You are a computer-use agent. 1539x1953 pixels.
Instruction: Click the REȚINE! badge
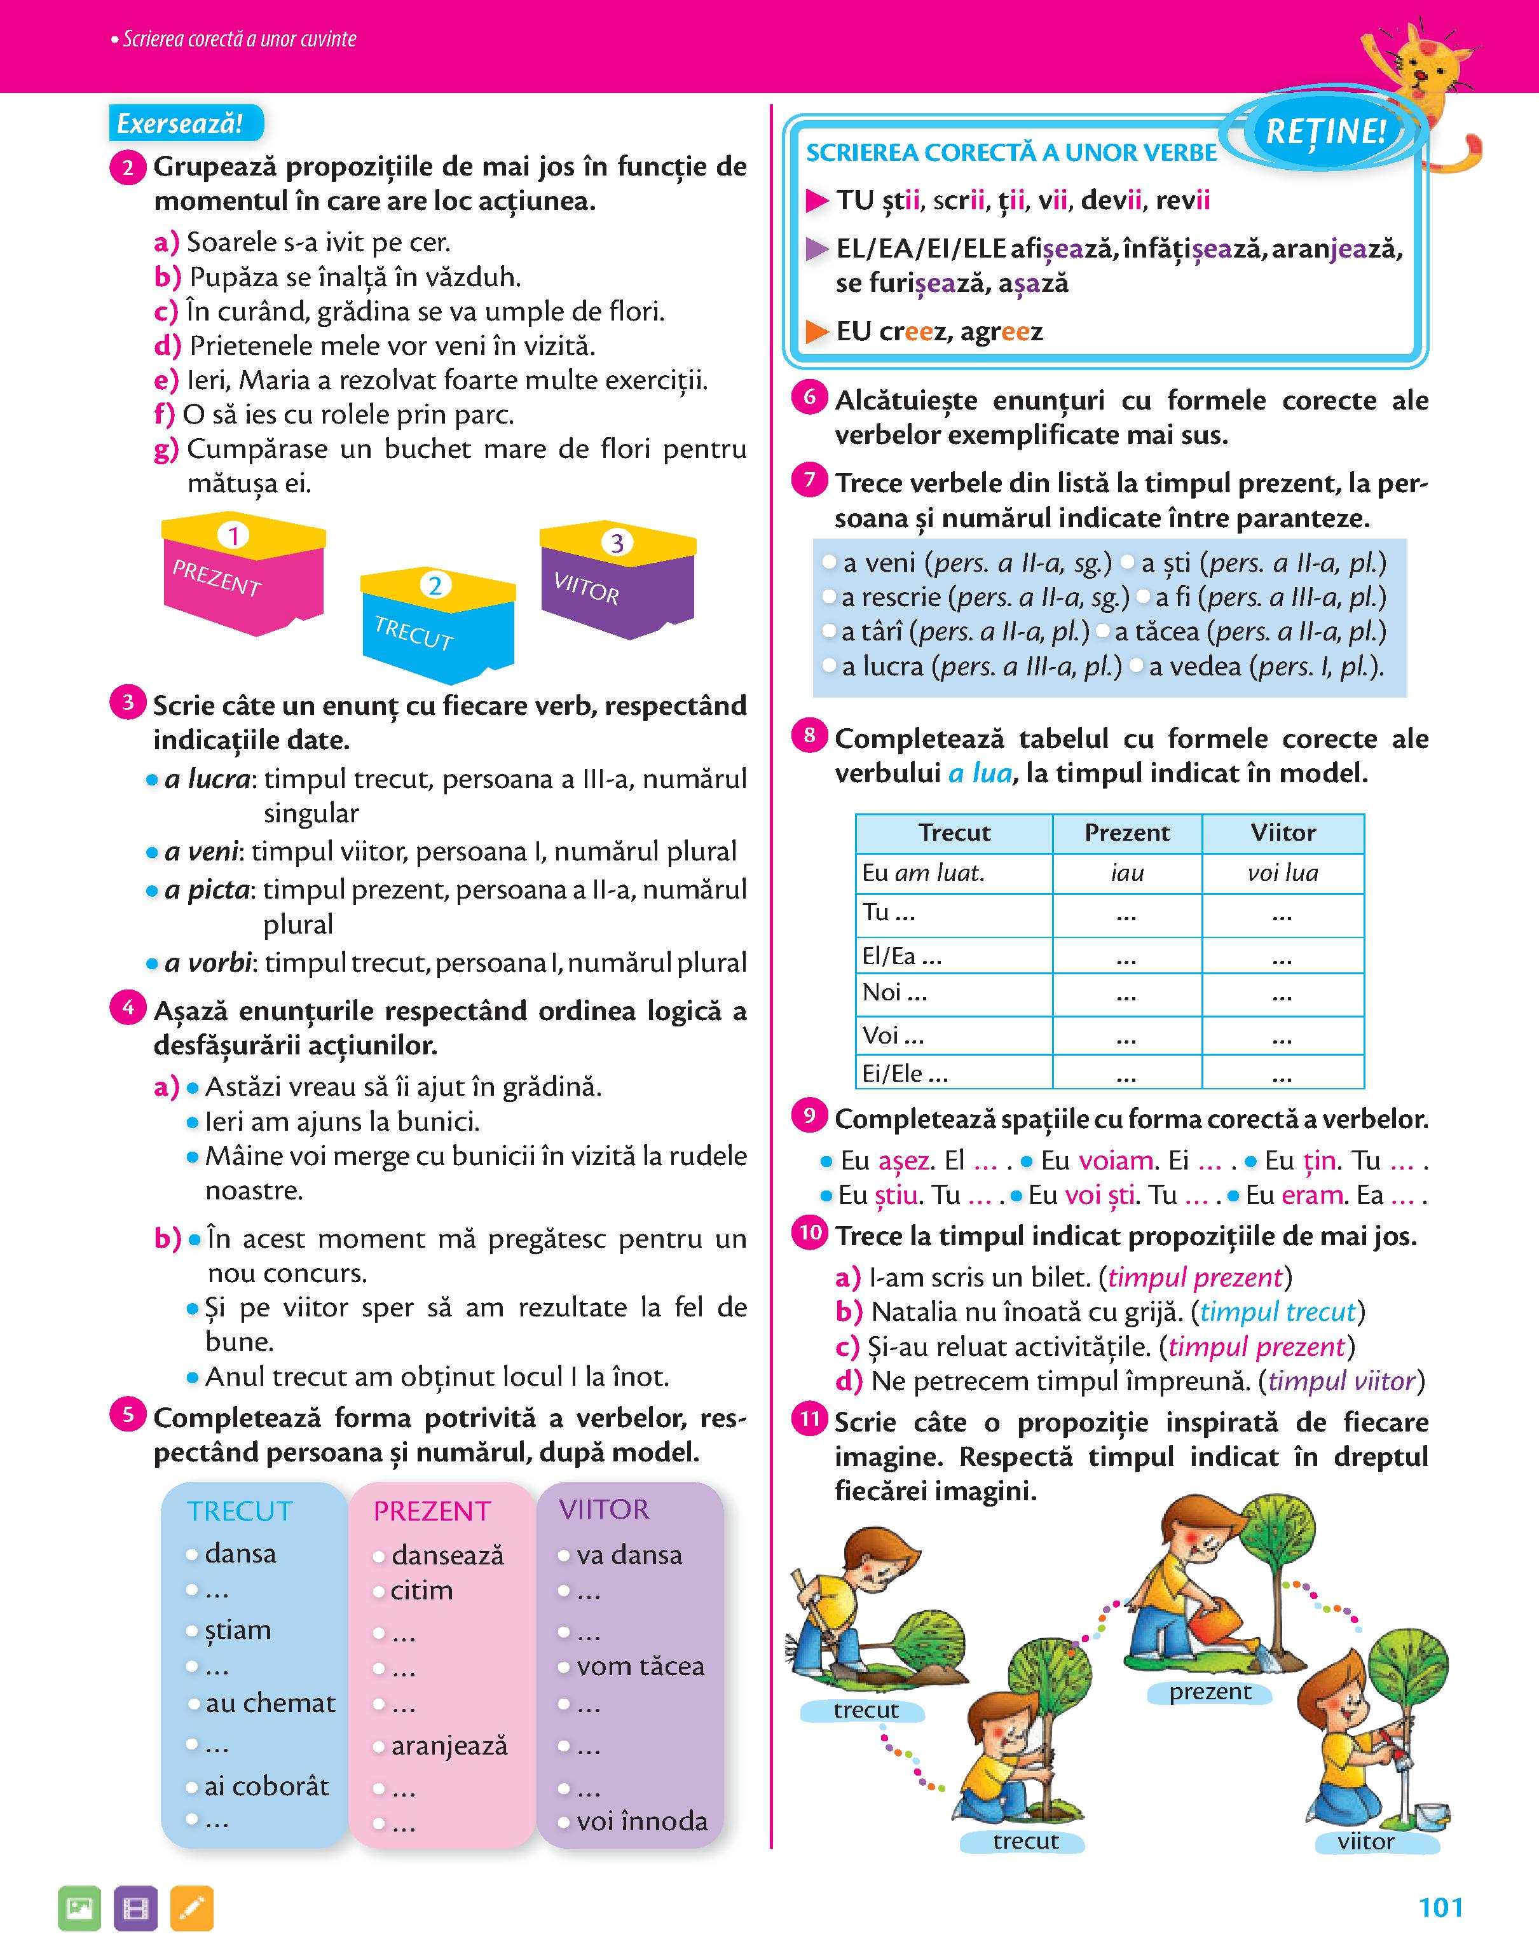point(1325,132)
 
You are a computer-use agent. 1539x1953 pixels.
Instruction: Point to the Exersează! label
point(184,123)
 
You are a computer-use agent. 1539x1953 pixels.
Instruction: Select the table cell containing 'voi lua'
point(1282,873)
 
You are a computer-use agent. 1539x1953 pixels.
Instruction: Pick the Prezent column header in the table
point(1126,832)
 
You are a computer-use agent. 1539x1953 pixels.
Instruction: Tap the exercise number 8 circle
point(809,735)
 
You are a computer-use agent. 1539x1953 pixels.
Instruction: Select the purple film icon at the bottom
point(135,1908)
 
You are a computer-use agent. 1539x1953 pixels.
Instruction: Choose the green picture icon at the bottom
point(79,1908)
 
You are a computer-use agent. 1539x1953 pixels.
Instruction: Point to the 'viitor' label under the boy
point(1365,1841)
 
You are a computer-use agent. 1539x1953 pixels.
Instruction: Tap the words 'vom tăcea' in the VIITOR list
point(640,1666)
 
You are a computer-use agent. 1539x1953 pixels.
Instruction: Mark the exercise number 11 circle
point(810,1419)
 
